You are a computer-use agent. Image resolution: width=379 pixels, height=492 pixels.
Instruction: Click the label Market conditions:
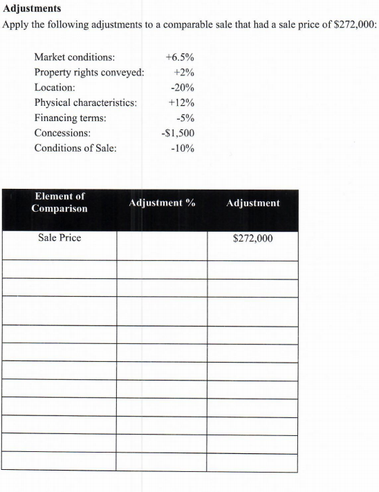(75, 57)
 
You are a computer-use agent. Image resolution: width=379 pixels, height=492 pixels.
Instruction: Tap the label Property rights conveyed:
(89, 73)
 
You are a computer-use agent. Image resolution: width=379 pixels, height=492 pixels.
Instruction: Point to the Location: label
(55, 88)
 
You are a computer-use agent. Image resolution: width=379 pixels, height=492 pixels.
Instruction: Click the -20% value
(182, 88)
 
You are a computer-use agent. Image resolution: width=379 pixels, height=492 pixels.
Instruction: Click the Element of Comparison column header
(59, 203)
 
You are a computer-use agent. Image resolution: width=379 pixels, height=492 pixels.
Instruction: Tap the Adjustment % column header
(162, 203)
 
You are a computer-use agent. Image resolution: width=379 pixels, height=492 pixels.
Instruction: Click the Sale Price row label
(59, 238)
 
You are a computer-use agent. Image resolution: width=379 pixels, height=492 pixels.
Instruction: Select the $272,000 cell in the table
(252, 239)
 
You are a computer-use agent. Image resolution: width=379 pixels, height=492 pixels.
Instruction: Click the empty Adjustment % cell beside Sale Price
(162, 245)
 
